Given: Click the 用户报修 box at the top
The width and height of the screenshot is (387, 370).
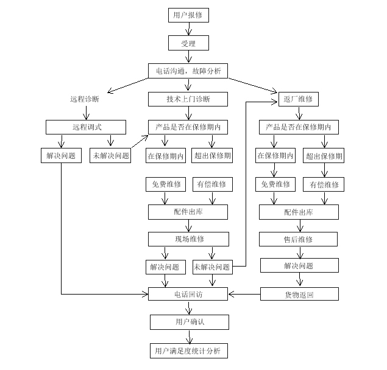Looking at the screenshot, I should pyautogui.click(x=188, y=15).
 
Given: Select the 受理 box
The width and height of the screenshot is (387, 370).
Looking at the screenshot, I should pyautogui.click(x=188, y=43).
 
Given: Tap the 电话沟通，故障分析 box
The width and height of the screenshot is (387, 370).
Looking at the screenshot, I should pyautogui.click(x=188, y=71).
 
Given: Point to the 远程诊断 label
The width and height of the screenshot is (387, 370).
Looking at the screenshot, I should pyautogui.click(x=85, y=99).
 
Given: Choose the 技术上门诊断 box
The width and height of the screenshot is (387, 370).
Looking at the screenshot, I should pyautogui.click(x=188, y=99).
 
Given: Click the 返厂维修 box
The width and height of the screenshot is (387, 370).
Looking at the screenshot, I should pyautogui.click(x=298, y=99).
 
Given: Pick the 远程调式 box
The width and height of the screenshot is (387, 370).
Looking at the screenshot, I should pyautogui.click(x=85, y=127).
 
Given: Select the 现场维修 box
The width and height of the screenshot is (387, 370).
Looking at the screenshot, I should pyautogui.click(x=188, y=239).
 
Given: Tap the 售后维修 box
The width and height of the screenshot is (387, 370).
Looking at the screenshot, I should pyautogui.click(x=299, y=239).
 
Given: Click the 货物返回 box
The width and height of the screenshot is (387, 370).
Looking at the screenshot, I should pyautogui.click(x=299, y=295).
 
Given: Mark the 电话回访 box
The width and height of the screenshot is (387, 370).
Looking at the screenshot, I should pyautogui.click(x=188, y=295).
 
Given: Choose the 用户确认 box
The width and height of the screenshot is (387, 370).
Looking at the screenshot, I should pyautogui.click(x=188, y=322).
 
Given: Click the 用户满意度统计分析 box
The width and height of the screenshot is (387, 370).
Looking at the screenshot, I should pyautogui.click(x=188, y=351).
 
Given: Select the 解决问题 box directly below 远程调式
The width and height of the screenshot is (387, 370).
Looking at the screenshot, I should pyautogui.click(x=62, y=155).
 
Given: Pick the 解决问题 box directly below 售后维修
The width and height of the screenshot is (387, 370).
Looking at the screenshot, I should pyautogui.click(x=299, y=266).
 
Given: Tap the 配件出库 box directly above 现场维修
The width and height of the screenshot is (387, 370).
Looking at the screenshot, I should pyautogui.click(x=188, y=212).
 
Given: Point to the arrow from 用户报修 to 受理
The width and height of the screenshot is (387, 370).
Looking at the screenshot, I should pyautogui.click(x=189, y=29).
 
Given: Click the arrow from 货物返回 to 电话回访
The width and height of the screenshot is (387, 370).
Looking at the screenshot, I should pyautogui.click(x=244, y=295).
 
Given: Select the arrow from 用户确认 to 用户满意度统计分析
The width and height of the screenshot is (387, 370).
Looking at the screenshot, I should pyautogui.click(x=189, y=337).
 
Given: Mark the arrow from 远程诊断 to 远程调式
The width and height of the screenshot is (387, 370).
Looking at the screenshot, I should pyautogui.click(x=86, y=113).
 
